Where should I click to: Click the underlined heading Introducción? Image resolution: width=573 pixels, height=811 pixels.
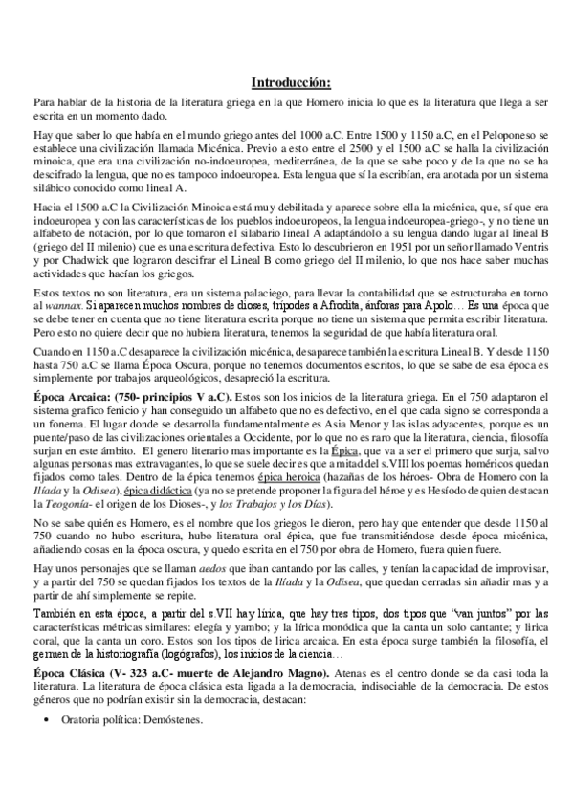(x=291, y=82)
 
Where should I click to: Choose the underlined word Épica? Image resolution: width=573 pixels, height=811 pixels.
(x=345, y=449)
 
